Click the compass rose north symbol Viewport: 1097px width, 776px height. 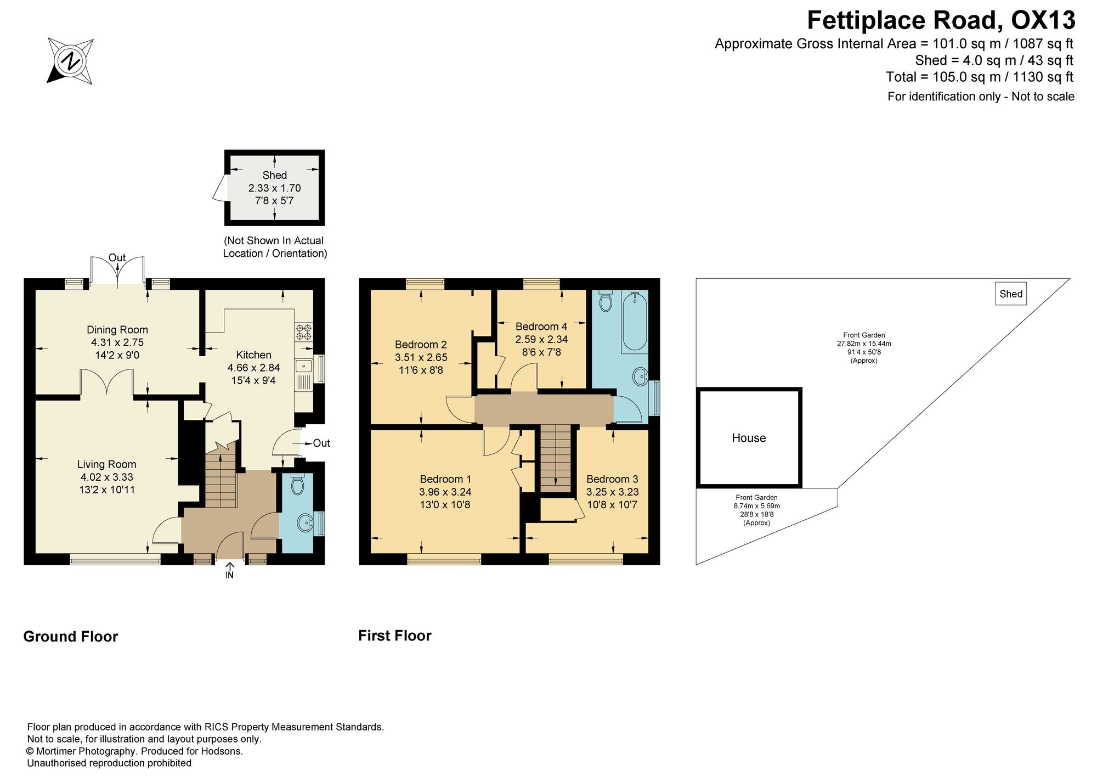70,60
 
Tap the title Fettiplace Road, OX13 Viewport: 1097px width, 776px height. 941,21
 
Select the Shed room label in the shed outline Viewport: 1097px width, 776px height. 274,175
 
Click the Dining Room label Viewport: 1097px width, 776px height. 117,329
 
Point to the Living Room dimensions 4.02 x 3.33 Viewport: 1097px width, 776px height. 106,477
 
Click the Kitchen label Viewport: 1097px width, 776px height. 253,355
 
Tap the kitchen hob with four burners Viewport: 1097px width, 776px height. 303,331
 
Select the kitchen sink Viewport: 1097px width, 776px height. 303,374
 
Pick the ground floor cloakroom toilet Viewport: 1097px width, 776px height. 297,483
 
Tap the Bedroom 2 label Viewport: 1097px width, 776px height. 421,344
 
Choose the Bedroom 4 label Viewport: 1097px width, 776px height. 541,326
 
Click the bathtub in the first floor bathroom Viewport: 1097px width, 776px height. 635,321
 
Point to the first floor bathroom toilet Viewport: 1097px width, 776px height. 606,300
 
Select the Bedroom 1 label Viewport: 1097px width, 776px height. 445,479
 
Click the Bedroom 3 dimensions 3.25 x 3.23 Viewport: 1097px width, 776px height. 612,492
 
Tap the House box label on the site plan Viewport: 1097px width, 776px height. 749,437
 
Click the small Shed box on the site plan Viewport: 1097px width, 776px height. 1010,294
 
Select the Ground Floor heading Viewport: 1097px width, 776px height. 71,637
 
